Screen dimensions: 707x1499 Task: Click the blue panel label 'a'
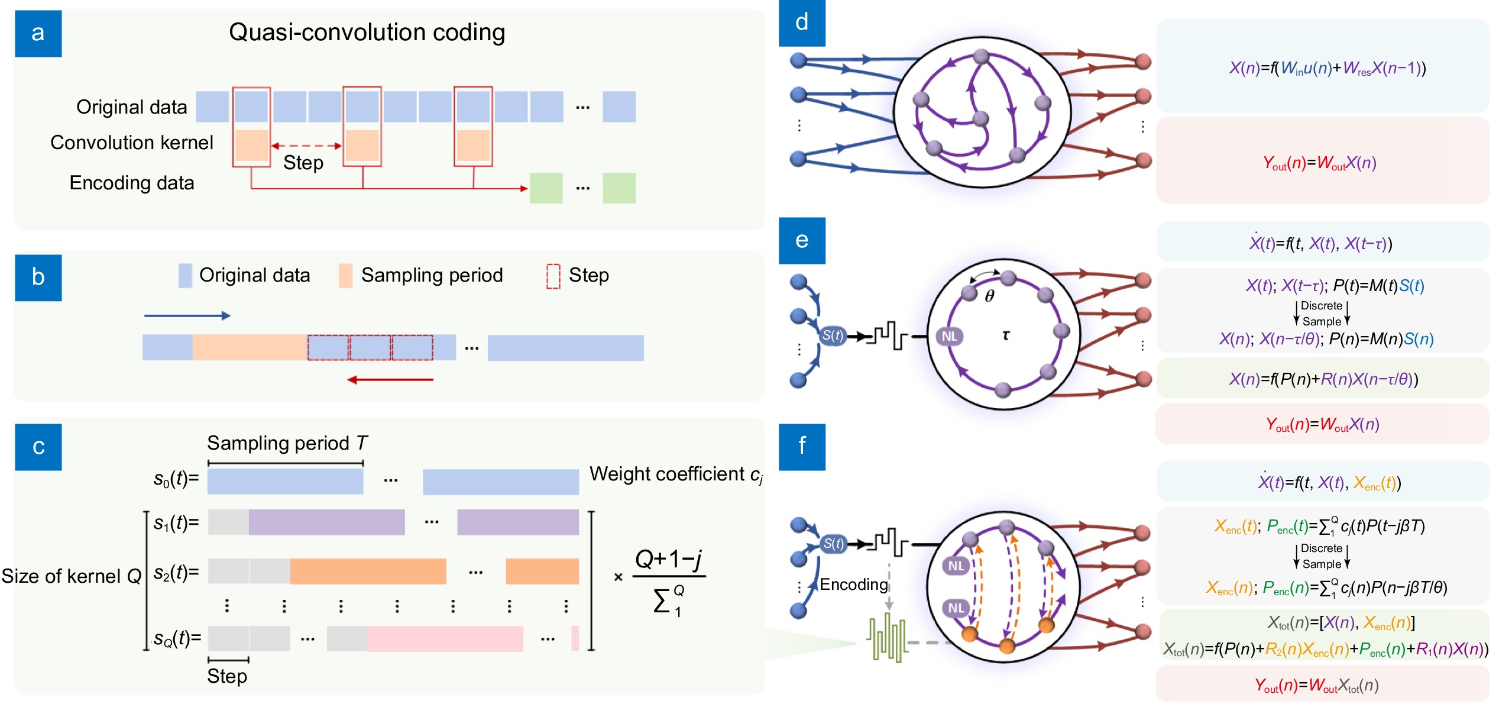38,33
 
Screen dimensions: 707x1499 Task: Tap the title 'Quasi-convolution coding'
367,33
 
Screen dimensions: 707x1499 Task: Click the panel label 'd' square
801,22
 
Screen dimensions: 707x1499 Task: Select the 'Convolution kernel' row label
131,143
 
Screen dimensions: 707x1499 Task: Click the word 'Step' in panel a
303,163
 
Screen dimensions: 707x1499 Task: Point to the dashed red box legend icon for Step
553,276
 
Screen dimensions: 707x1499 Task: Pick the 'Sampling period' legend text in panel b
432,275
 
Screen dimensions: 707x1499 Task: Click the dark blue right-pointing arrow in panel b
187,316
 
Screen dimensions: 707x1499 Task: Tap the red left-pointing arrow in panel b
390,380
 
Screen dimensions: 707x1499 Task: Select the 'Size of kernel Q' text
71,576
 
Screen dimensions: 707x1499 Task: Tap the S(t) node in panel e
833,336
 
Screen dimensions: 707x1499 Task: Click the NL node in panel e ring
949,336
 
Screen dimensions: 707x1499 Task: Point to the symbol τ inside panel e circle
1005,335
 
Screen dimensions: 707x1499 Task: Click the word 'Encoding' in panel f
853,585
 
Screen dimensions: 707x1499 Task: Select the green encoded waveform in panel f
887,638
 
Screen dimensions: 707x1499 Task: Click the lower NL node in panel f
956,608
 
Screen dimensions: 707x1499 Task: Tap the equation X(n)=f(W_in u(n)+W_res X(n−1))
1327,69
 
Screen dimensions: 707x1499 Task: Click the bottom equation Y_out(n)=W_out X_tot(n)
1316,686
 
